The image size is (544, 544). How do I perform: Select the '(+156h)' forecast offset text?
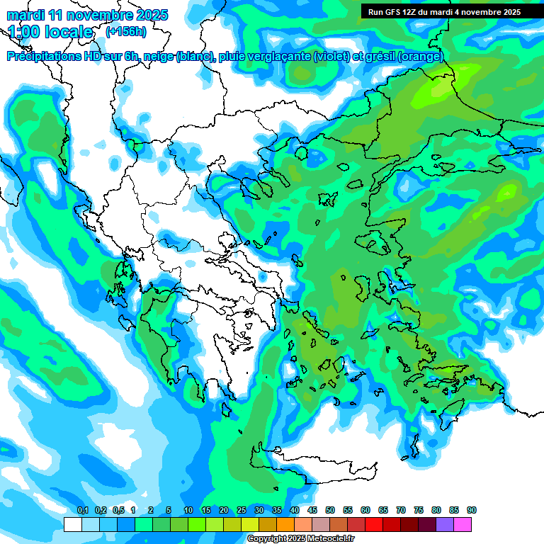click(126, 31)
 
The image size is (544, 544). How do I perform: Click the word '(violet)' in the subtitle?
click(331, 57)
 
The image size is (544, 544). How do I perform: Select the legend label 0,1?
click(83, 511)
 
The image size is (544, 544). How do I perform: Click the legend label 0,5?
click(118, 511)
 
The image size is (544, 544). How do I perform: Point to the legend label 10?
click(188, 511)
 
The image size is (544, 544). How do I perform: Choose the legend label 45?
click(312, 511)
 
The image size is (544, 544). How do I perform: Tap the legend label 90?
click(472, 511)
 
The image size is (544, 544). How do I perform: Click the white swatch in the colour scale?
click(72, 524)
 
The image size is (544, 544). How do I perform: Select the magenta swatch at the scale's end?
click(463, 524)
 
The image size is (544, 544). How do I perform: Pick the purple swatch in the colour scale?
click(445, 524)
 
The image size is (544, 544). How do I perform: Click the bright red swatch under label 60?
click(374, 524)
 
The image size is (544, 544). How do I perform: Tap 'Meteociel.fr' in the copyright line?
click(334, 539)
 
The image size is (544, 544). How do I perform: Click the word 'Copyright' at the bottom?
click(267, 539)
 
